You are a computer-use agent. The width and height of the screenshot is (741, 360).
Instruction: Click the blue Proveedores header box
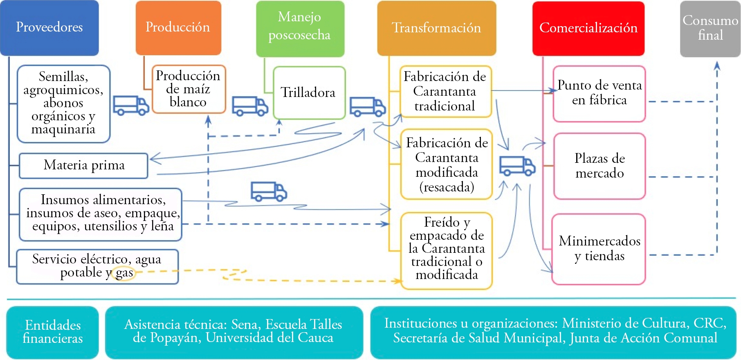point(49,28)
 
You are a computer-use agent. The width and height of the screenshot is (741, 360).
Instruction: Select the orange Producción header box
point(178,28)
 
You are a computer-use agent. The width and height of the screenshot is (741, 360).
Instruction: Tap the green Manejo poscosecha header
point(300,29)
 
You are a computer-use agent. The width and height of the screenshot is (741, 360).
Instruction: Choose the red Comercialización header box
point(588,28)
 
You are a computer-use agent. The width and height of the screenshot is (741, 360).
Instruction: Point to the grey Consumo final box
point(710,29)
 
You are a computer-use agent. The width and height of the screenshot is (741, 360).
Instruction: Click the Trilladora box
point(309,93)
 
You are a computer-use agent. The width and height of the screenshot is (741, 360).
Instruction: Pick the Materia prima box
point(83,166)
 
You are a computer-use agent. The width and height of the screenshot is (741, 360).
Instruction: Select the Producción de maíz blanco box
point(189,89)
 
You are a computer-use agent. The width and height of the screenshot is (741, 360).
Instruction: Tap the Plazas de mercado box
point(600,166)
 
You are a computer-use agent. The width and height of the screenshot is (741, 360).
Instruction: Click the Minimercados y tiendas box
point(599,249)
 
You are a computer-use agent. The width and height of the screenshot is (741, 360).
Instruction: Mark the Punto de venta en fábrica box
point(599,94)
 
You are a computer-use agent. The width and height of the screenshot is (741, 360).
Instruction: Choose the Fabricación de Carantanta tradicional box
point(445,92)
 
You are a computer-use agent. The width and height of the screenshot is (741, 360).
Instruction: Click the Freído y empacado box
point(447,251)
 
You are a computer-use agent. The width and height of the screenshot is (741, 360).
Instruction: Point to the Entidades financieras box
point(53,332)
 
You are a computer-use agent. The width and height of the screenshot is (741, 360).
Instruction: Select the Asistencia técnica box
point(234,332)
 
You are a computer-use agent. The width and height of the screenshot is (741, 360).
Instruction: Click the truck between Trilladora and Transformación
point(368,107)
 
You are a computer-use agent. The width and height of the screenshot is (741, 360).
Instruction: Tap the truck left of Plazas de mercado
point(517,166)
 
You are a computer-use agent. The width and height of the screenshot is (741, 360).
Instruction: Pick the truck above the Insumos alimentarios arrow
point(269,191)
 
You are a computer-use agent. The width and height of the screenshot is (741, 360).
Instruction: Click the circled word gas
point(124,273)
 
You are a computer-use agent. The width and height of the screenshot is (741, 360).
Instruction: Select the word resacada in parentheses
point(447,187)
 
